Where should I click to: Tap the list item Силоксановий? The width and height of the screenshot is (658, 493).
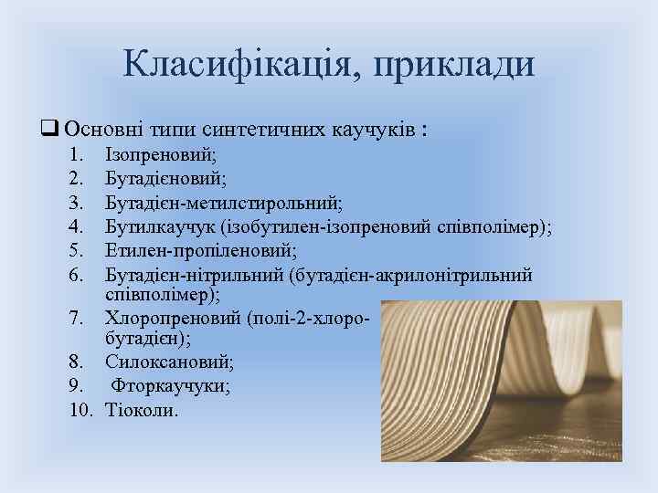[x=168, y=363]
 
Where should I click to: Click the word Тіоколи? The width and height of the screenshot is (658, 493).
[x=143, y=411]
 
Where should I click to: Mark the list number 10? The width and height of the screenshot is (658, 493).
[x=82, y=411]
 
